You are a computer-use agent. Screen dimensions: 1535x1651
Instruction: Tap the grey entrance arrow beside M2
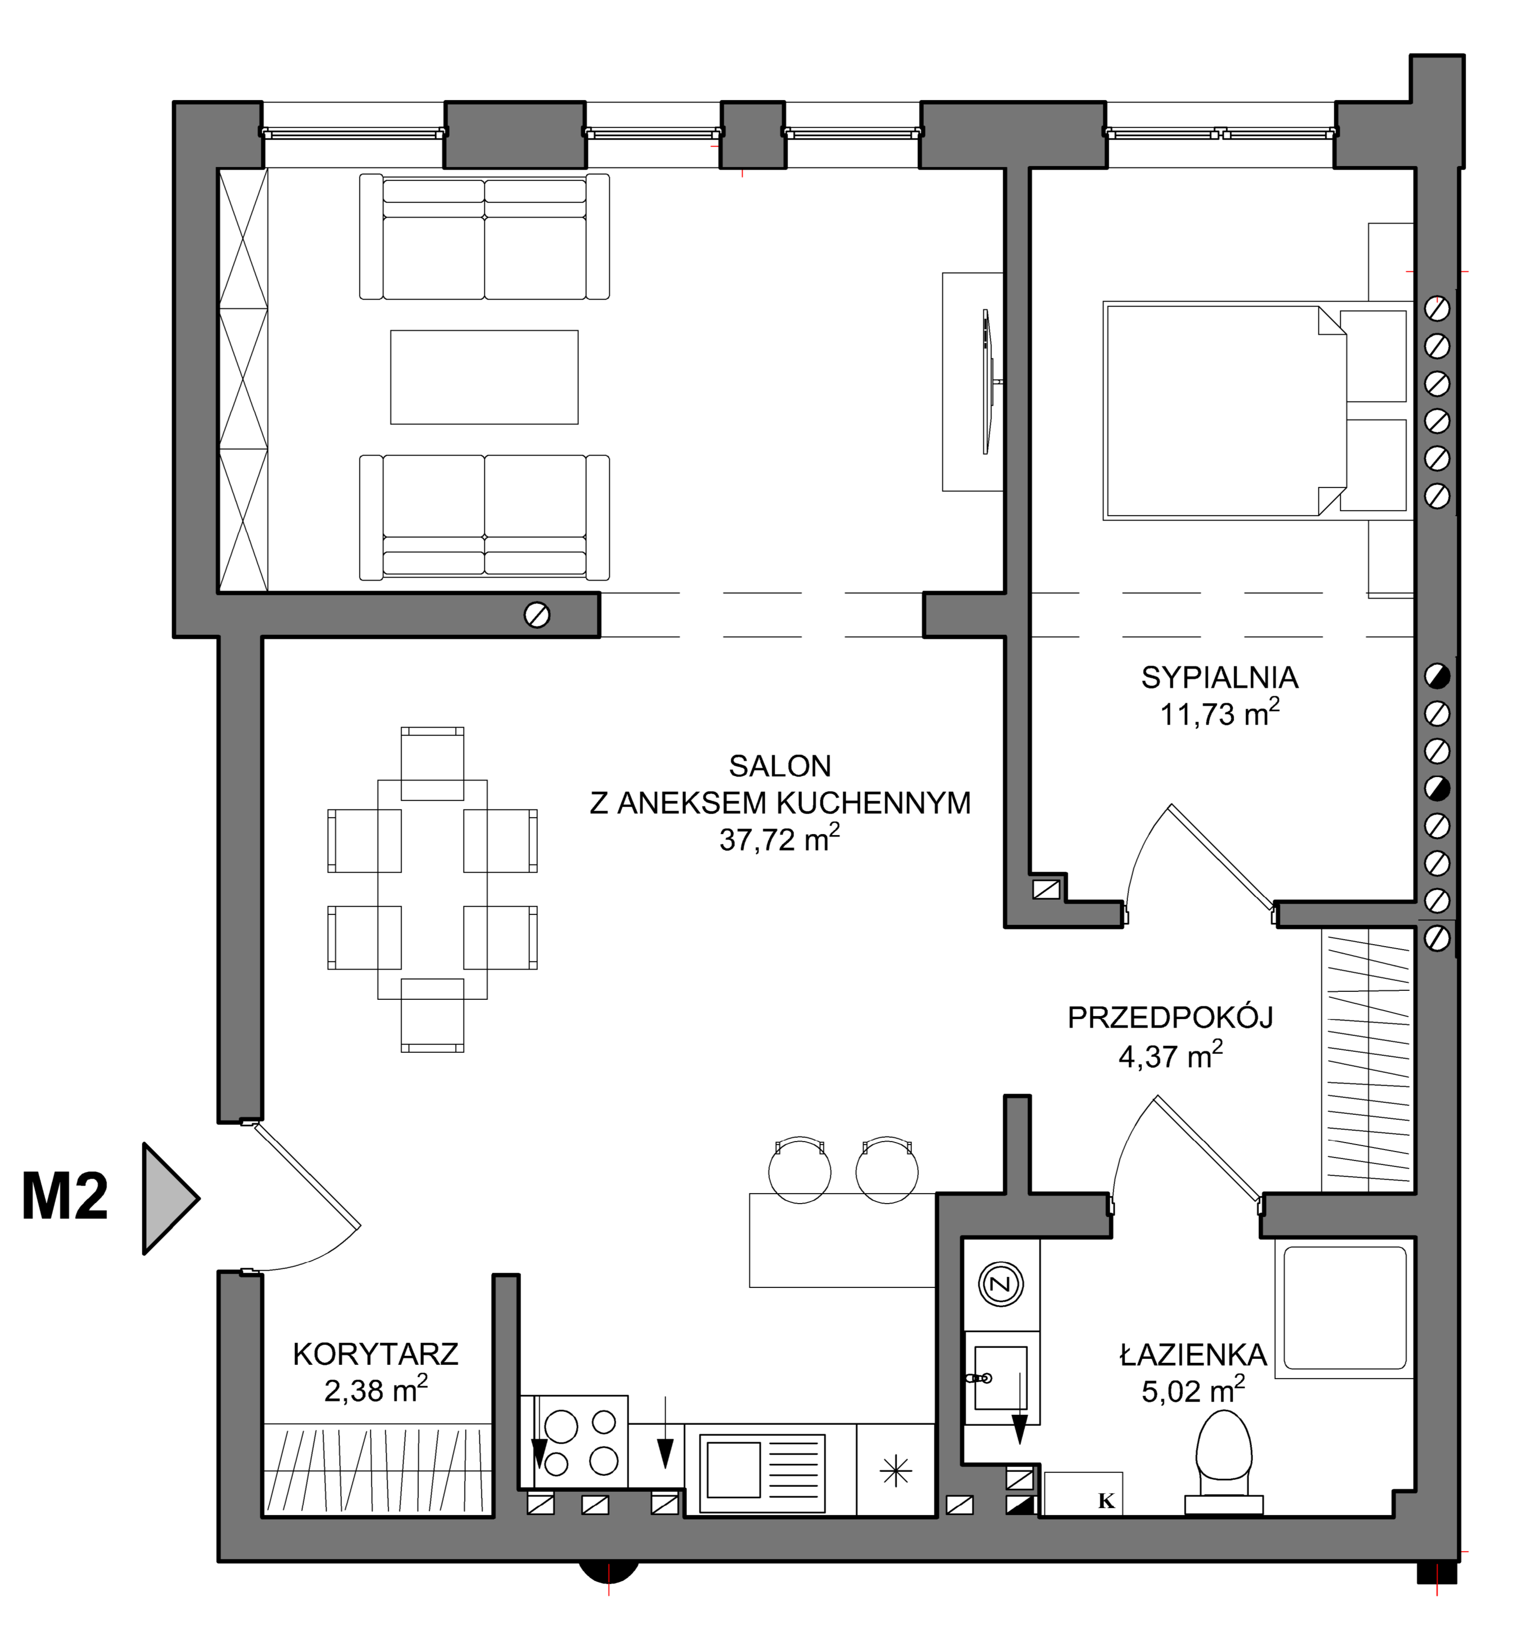(x=170, y=1198)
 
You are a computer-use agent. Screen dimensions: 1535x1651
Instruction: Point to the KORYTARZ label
(x=375, y=1354)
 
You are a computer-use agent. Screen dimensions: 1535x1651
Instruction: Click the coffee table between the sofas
(x=484, y=377)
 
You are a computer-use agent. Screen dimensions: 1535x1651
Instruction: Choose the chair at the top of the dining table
(x=432, y=763)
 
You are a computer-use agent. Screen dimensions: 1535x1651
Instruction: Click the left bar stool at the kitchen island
(x=799, y=1170)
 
